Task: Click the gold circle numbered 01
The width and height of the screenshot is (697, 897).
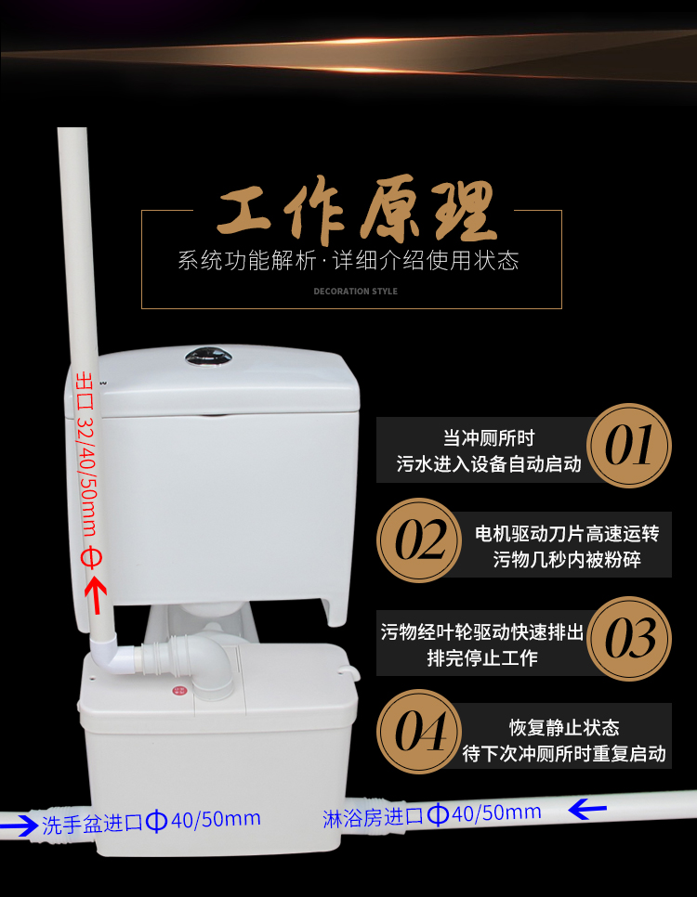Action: tap(629, 446)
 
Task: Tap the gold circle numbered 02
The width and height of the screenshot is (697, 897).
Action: tap(419, 540)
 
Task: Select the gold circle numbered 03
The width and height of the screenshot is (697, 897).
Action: tap(629, 639)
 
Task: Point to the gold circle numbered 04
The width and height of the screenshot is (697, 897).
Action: tap(419, 732)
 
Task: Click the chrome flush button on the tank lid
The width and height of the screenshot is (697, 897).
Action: tap(208, 357)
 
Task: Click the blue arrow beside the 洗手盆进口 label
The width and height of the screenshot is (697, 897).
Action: tap(19, 826)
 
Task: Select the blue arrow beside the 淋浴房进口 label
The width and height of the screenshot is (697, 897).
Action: tap(587, 809)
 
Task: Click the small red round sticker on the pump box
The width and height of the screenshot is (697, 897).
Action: tap(180, 691)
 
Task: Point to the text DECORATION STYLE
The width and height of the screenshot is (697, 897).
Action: tap(355, 292)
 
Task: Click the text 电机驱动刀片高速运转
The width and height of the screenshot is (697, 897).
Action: tap(566, 534)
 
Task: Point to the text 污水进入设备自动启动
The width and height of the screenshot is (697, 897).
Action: tap(489, 464)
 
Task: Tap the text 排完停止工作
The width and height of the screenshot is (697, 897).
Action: tap(482, 657)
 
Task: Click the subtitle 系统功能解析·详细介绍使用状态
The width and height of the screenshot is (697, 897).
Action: tap(348, 261)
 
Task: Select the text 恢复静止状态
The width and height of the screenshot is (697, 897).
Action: tap(564, 728)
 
